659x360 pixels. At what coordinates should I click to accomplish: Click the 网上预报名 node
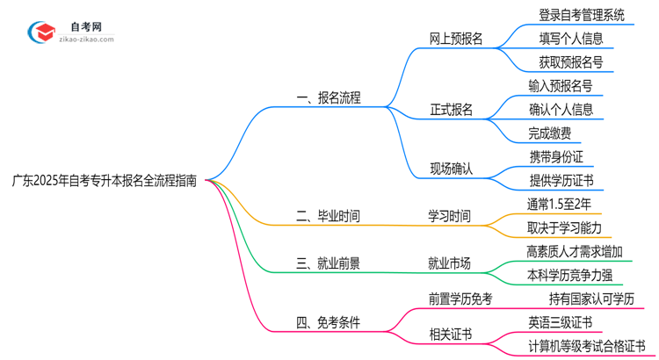[456, 39]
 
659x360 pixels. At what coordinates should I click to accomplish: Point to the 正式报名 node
[451, 110]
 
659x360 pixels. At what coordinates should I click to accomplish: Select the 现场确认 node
[451, 169]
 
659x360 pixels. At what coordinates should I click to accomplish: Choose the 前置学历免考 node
[460, 299]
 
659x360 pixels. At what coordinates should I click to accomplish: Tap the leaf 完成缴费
[550, 133]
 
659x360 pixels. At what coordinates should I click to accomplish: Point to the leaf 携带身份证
[556, 156]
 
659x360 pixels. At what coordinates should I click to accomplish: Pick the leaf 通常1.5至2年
[560, 204]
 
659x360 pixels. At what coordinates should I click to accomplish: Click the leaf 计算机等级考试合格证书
[586, 346]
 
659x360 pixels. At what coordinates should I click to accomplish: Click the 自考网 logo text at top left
[84, 27]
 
